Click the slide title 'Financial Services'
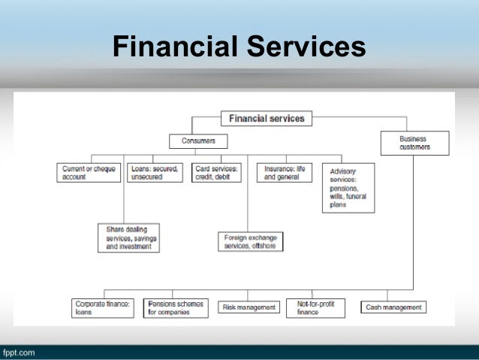point(239,47)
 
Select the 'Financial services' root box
point(267,118)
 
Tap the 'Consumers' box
point(198,141)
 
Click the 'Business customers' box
point(414,143)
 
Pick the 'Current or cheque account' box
point(89,173)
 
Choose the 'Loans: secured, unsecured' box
point(154,173)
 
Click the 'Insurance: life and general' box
point(285,173)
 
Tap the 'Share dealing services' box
point(128,237)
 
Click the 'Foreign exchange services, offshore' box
point(251,241)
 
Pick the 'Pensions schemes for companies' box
point(175,307)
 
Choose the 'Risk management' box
point(247,307)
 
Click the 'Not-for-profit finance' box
point(315,307)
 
